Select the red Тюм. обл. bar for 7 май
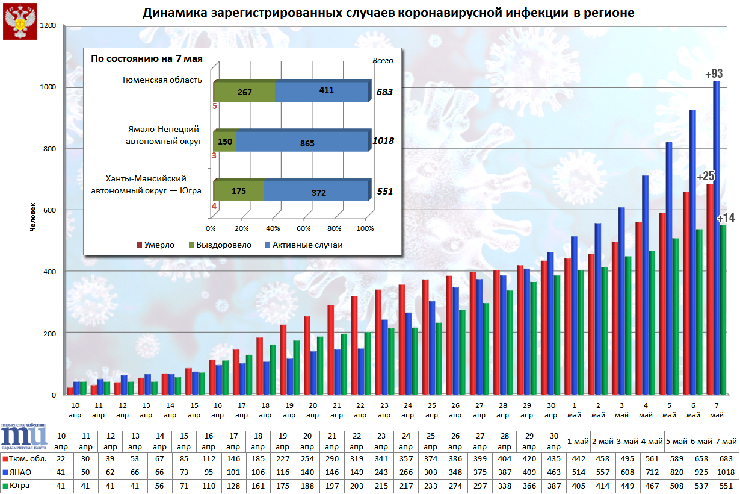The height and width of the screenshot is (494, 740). (710, 289)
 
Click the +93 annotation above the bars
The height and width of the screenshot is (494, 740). (714, 74)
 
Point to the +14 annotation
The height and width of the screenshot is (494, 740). (726, 217)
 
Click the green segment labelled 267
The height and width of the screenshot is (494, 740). (244, 92)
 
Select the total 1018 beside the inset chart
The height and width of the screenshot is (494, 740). (383, 141)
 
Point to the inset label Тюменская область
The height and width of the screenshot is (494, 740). (162, 80)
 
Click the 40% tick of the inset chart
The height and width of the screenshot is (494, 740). (273, 229)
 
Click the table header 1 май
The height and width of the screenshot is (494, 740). (578, 441)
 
